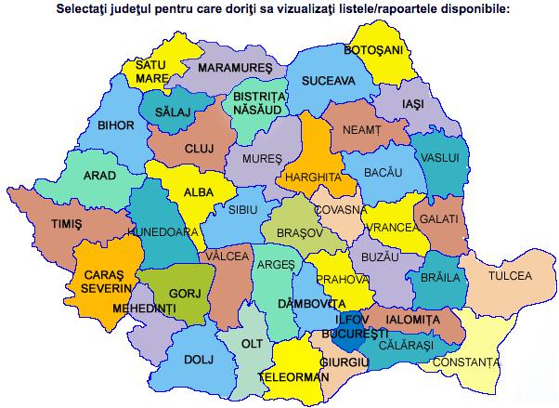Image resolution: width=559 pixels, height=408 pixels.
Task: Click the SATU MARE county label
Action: coord(150,72)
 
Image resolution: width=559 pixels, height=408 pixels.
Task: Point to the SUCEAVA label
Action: coord(328,81)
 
